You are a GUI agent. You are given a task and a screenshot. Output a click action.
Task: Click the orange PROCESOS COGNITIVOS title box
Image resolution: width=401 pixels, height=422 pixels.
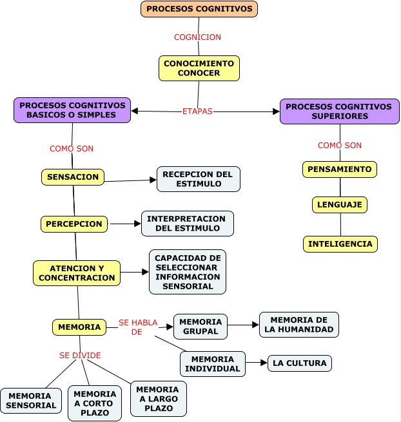click(199, 9)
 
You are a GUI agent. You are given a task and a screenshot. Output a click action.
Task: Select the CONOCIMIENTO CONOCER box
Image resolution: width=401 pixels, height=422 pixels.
click(199, 68)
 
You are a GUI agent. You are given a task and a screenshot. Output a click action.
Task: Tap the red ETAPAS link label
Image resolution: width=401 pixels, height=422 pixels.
click(197, 111)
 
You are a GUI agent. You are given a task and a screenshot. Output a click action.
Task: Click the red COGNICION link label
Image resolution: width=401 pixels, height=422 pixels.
click(197, 37)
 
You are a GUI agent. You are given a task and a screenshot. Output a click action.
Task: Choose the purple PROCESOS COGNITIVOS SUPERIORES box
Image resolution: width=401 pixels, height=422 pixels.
click(339, 111)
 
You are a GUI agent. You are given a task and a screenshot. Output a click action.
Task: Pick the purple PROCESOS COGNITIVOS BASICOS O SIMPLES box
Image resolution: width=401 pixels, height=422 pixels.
click(72, 110)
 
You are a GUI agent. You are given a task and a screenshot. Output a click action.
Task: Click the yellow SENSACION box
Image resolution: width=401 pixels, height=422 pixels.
click(73, 177)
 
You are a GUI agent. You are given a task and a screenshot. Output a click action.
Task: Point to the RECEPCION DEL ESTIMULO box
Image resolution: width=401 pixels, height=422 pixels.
click(198, 179)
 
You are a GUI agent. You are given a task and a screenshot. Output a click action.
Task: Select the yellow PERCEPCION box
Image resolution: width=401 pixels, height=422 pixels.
click(74, 224)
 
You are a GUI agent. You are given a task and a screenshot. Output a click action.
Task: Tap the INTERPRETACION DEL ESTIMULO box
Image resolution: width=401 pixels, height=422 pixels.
click(187, 224)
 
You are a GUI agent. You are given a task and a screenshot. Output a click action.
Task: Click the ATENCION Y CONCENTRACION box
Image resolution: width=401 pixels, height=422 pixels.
click(77, 273)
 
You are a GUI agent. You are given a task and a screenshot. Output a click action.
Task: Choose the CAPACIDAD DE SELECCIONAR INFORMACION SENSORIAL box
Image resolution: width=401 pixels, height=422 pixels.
click(188, 272)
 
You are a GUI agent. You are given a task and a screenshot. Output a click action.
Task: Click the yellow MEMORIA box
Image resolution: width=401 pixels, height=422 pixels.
click(79, 327)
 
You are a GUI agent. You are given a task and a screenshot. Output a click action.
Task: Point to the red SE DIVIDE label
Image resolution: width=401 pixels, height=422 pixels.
click(80, 355)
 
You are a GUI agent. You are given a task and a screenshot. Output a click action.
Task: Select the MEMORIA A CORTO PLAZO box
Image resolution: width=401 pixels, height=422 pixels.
click(95, 403)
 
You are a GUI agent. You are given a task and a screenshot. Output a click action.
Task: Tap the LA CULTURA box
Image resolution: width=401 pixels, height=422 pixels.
click(300, 363)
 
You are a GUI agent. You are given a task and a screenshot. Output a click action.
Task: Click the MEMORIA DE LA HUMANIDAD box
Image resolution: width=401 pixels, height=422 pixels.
click(298, 325)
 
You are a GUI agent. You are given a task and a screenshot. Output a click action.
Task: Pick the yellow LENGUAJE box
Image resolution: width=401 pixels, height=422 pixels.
click(340, 205)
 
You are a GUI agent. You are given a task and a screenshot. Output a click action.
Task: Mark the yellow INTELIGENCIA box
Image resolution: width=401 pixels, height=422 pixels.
click(340, 244)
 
